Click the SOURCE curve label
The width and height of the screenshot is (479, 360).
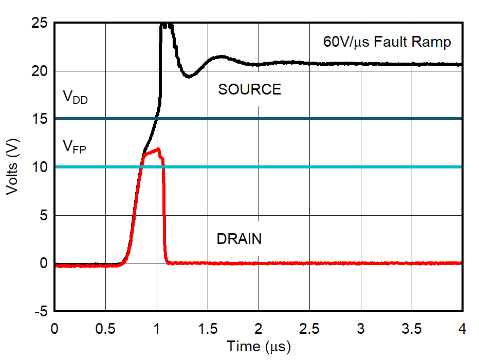(x=249, y=90)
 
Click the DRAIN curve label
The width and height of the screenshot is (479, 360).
(x=239, y=239)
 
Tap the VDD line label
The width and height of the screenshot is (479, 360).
(x=75, y=97)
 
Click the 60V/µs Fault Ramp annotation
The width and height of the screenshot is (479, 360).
(x=387, y=42)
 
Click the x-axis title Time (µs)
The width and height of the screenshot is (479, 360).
(x=259, y=347)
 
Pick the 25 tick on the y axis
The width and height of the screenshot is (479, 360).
(x=40, y=23)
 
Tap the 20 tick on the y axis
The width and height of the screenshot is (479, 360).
(x=40, y=71)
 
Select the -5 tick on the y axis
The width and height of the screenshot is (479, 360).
(x=40, y=311)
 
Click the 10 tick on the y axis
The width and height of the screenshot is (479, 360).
(x=40, y=167)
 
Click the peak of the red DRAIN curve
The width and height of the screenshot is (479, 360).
(x=159, y=149)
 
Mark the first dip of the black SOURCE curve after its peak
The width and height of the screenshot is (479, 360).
(x=189, y=77)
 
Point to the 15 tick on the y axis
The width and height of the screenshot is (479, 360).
(x=40, y=119)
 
